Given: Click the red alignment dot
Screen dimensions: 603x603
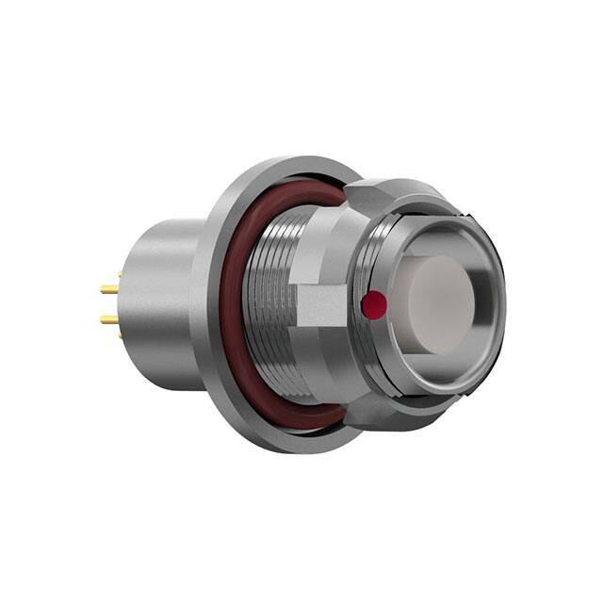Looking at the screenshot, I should [374, 302].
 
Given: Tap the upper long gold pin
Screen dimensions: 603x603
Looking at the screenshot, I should [109, 290].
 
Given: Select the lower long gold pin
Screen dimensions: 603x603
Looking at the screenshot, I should [109, 320].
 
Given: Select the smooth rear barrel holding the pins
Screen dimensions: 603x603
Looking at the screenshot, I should [160, 301].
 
